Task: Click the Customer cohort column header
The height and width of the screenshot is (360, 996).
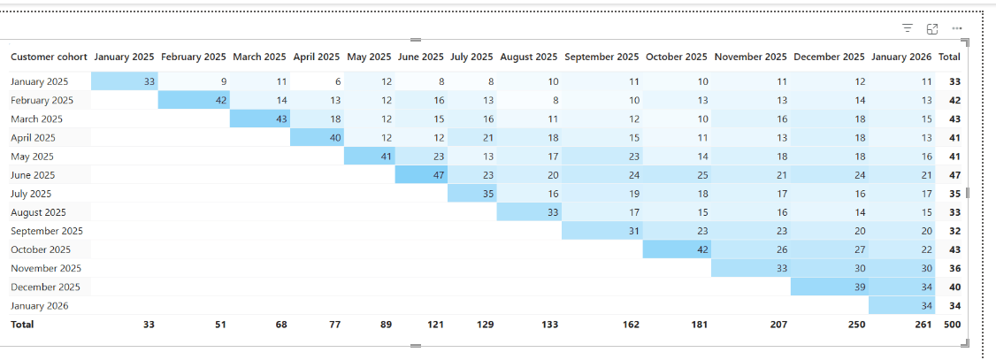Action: [49, 57]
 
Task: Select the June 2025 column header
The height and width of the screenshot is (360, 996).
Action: [420, 57]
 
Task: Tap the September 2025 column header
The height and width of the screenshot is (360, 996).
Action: [601, 57]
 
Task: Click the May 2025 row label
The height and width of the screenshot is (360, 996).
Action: [33, 157]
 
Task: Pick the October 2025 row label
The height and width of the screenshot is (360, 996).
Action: [41, 249]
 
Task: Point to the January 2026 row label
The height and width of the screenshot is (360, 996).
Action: [40, 305]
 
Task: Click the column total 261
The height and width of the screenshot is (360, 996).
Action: [924, 325]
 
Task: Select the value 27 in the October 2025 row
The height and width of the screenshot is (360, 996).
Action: [860, 249]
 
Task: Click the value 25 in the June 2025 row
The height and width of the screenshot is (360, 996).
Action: [701, 175]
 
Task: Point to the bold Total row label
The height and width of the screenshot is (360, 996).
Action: [22, 325]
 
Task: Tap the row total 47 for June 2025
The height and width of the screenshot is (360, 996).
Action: [954, 175]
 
